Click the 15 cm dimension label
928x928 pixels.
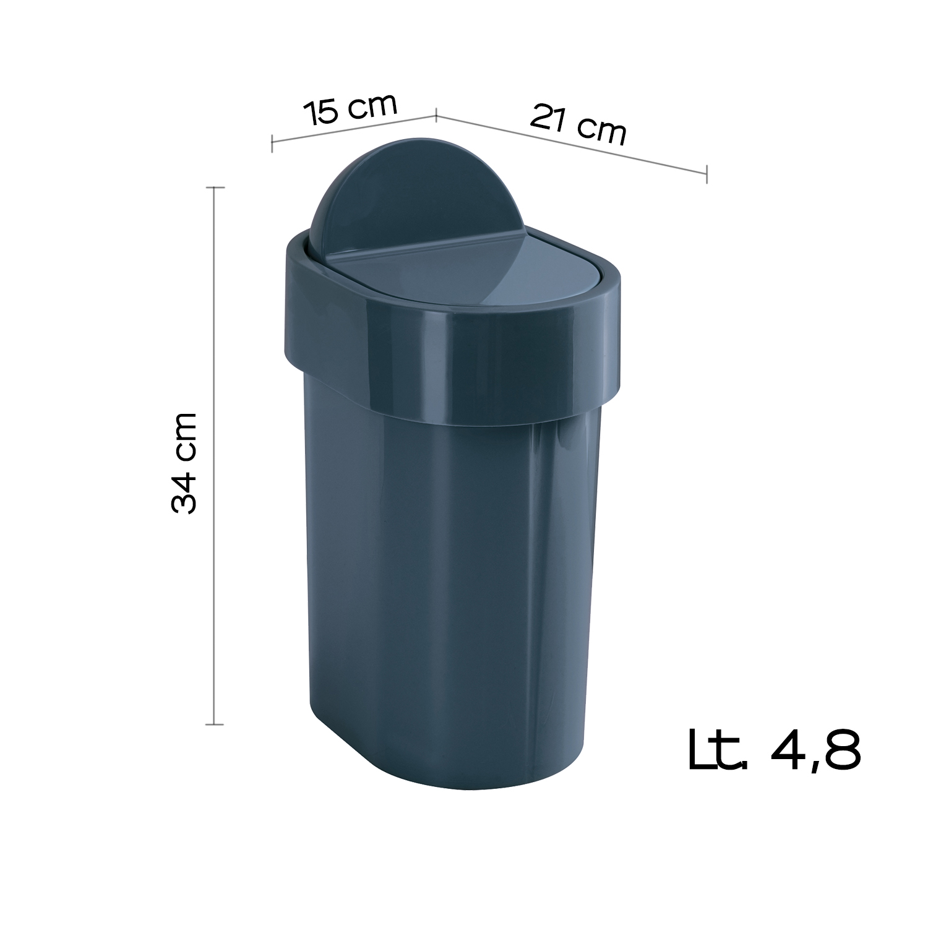350,110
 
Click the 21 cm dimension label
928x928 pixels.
578,125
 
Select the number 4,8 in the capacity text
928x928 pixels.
816,750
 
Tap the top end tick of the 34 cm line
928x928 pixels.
215,187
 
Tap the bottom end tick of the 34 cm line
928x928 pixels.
215,724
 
